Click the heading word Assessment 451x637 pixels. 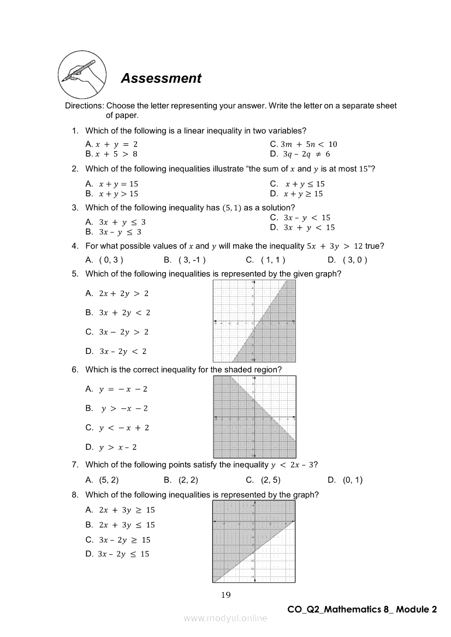pos(161,79)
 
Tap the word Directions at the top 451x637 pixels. pos(84,106)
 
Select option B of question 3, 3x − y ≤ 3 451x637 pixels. pos(114,232)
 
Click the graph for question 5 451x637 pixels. pos(254,321)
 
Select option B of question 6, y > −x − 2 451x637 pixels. pos(117,408)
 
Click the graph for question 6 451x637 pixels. pos(254,417)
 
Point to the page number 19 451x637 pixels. pos(226,595)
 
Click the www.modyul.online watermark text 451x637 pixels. pos(226,618)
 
